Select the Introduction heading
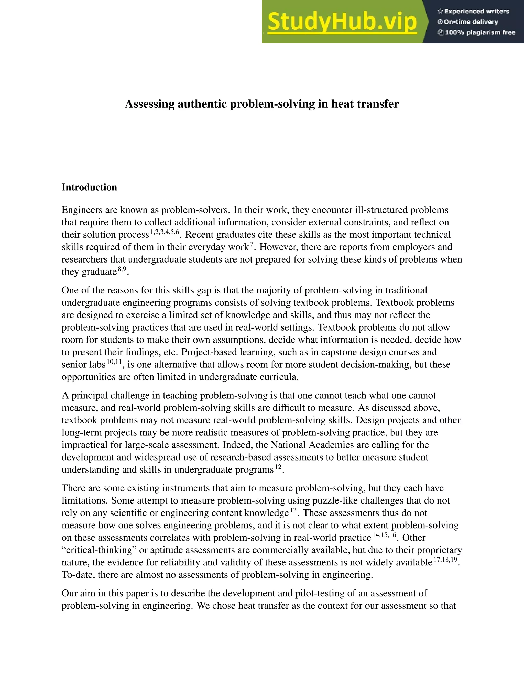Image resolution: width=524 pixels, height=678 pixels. click(89, 187)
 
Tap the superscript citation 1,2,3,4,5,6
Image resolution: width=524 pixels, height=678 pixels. click(165, 232)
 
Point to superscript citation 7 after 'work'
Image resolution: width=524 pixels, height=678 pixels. click(252, 244)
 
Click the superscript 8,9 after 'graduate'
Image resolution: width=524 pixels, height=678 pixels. click(122, 269)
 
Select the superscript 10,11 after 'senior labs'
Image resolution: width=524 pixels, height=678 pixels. click(114, 362)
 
